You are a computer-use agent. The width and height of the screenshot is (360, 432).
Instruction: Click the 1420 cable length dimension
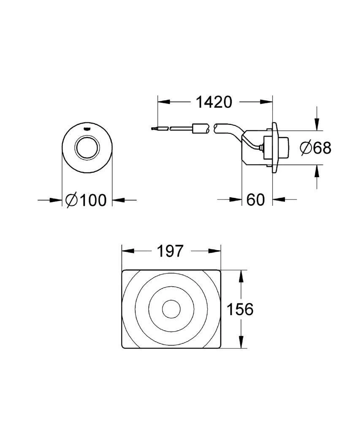click(x=214, y=102)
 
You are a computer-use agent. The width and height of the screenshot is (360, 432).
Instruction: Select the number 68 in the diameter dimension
click(x=322, y=148)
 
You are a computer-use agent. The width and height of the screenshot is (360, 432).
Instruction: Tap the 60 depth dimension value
click(x=255, y=200)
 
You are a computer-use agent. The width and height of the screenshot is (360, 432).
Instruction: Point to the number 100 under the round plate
click(x=93, y=200)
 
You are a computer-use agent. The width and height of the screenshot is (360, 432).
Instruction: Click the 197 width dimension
click(x=171, y=251)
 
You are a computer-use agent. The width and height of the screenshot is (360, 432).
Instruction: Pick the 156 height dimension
click(x=240, y=310)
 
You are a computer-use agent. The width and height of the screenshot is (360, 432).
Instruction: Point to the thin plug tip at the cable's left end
click(x=153, y=128)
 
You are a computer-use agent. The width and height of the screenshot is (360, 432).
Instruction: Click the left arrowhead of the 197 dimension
click(x=127, y=251)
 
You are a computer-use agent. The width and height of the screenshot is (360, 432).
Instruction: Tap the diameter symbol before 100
click(x=71, y=200)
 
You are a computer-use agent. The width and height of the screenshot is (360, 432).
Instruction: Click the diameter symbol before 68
click(x=306, y=148)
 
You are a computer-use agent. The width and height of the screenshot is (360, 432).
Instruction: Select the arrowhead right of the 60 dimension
click(x=278, y=199)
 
